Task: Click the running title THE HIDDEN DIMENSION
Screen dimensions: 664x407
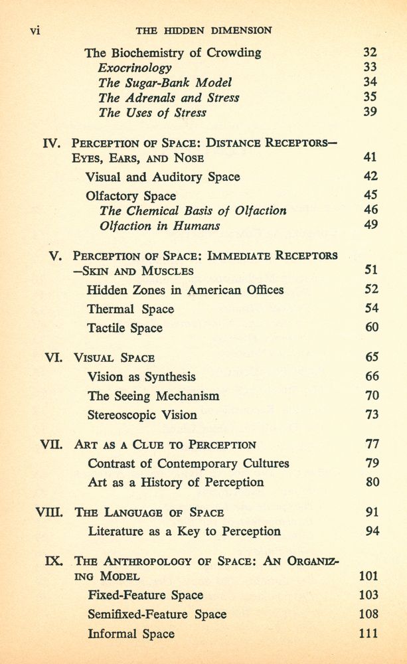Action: click(x=203, y=31)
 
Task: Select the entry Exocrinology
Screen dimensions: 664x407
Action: click(x=135, y=67)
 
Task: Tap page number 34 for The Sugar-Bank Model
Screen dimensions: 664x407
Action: click(x=370, y=82)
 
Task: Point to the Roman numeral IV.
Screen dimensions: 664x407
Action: click(x=52, y=143)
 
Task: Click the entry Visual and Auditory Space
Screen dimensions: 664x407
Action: click(x=163, y=177)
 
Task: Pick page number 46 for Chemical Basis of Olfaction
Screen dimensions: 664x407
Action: click(x=371, y=210)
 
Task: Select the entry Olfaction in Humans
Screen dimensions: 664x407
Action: click(x=159, y=226)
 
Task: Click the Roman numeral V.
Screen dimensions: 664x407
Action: click(x=56, y=256)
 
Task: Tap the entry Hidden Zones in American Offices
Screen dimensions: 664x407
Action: click(x=185, y=290)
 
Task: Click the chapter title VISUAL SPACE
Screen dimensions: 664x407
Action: click(x=114, y=357)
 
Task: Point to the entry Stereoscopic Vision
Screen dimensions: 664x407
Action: click(x=142, y=415)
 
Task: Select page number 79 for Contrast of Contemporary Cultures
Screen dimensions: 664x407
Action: click(x=372, y=463)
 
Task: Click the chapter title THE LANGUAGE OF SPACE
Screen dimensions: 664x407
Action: click(x=149, y=513)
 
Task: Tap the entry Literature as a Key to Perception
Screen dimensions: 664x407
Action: click(x=184, y=531)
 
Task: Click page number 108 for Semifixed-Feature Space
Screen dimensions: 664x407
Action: click(x=368, y=614)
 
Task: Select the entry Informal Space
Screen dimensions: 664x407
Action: click(x=131, y=633)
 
